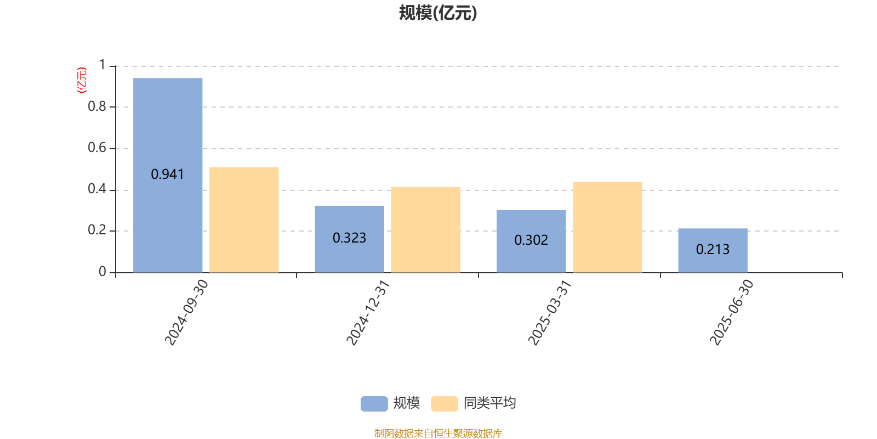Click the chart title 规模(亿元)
(438, 13)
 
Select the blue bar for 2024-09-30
(168, 175)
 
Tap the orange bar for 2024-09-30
(244, 220)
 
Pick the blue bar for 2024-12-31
(349, 239)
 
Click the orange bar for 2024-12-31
(425, 230)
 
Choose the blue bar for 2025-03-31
(531, 241)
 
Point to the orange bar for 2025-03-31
(607, 227)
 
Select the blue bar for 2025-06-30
(713, 250)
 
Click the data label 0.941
(167, 175)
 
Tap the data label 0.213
(713, 249)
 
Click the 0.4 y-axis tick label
(96, 189)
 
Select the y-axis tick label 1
(102, 65)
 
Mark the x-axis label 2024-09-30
(186, 312)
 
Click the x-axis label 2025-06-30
(731, 312)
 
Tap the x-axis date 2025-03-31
(550, 312)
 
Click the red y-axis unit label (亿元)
(82, 80)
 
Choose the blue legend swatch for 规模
(374, 404)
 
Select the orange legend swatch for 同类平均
(444, 404)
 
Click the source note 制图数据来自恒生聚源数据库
(438, 433)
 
